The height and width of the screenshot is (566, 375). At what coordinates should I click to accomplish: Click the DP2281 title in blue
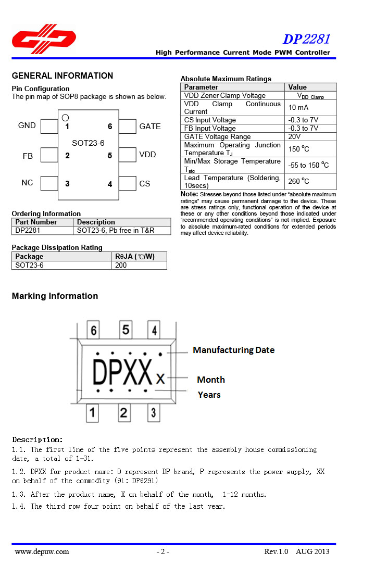(x=306, y=39)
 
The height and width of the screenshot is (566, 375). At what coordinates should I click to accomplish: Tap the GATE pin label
(x=150, y=127)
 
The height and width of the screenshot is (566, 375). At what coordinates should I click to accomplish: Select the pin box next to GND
(x=49, y=126)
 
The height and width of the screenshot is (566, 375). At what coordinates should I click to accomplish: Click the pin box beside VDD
(x=127, y=155)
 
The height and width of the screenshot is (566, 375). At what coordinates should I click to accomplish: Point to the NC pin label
(x=27, y=183)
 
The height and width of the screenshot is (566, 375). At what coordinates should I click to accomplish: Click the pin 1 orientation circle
(x=65, y=118)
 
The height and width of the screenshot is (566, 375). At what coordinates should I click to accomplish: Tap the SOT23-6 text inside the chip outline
(x=88, y=143)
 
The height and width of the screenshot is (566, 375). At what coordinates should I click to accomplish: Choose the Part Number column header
(x=36, y=222)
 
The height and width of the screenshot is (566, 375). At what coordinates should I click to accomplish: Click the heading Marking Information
(x=55, y=296)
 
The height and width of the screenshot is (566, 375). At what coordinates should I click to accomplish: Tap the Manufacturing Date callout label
(x=233, y=350)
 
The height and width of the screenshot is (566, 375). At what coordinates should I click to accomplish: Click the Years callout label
(x=209, y=395)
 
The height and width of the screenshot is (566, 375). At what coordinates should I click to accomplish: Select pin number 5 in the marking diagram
(x=126, y=330)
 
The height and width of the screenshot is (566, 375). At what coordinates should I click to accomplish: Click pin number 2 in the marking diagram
(x=124, y=413)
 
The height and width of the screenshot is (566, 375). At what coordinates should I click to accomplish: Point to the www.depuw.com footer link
(x=42, y=551)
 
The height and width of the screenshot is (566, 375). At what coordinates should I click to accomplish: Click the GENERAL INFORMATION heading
(x=63, y=76)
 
